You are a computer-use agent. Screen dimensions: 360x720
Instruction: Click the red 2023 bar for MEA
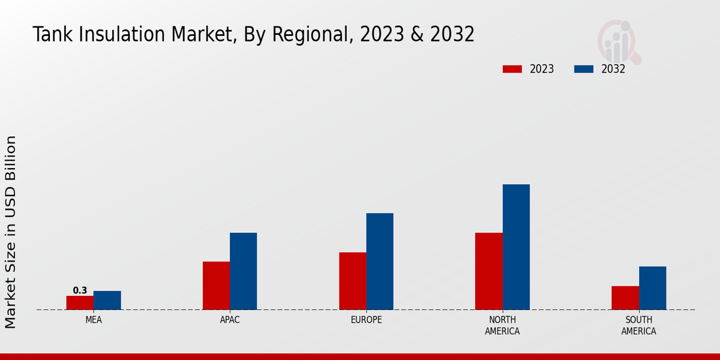[x=80, y=302]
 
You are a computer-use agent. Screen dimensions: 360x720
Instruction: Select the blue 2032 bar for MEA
[x=107, y=300]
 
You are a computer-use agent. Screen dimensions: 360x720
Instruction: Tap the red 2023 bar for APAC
[x=216, y=286]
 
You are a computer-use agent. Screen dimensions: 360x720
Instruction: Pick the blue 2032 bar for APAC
[x=243, y=271]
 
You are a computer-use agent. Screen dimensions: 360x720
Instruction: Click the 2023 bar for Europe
[x=352, y=281]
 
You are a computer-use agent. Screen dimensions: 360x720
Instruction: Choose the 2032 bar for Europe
[x=380, y=262]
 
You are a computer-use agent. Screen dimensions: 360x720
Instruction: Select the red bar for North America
[x=488, y=271]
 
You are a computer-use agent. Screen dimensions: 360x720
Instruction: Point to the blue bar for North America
[x=516, y=247]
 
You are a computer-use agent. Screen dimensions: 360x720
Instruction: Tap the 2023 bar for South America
[x=625, y=298]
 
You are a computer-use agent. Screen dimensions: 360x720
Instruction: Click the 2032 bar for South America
[x=652, y=288]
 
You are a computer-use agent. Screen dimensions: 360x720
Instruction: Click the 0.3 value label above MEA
[x=80, y=290]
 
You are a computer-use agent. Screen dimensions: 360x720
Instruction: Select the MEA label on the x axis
[x=94, y=320]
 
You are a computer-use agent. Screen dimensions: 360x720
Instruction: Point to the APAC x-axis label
[x=230, y=320]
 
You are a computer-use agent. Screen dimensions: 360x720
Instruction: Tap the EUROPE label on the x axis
[x=366, y=320]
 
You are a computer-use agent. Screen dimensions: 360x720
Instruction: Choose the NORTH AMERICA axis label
[x=502, y=325]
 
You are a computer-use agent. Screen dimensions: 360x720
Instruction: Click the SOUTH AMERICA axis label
[x=638, y=325]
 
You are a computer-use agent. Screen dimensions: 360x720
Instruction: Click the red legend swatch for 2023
[x=512, y=69]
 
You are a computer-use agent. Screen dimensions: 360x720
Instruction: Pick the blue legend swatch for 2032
[x=583, y=69]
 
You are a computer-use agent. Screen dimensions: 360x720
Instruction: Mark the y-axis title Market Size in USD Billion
[x=11, y=232]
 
